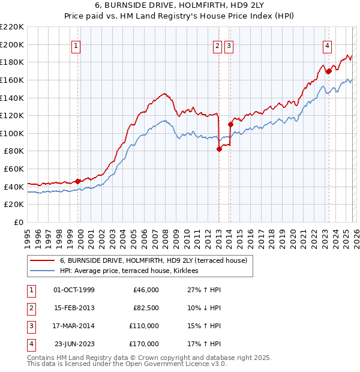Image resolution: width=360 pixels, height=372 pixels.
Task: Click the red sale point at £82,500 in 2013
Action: pos(219,149)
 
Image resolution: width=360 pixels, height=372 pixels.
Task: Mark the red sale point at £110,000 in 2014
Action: pos(230,125)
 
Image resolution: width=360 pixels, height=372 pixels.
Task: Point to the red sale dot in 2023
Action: pos(329,71)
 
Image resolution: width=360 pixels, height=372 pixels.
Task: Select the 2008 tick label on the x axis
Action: pos(165,233)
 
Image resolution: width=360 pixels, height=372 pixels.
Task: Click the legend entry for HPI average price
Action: pos(133,271)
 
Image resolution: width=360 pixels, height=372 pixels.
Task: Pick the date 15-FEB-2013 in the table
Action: pos(74,308)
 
